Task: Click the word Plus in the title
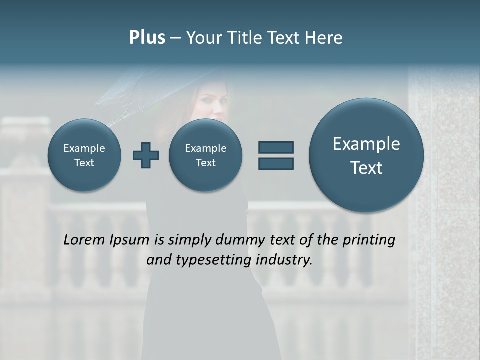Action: click(x=147, y=38)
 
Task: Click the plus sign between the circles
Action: click(x=146, y=155)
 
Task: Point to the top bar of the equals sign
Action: click(x=276, y=147)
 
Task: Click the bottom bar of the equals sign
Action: click(x=276, y=163)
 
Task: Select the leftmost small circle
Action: click(x=84, y=155)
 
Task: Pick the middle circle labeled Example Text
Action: click(x=206, y=155)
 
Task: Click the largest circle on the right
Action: click(x=366, y=155)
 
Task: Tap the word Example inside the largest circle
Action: click(x=366, y=144)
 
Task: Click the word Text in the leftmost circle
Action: click(x=84, y=163)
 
